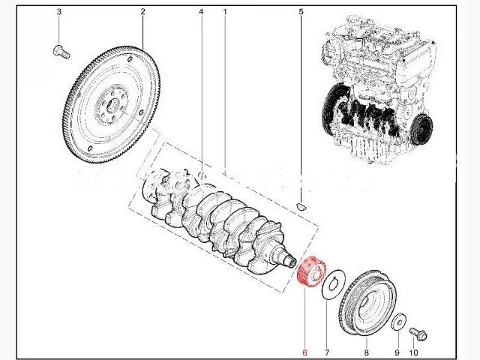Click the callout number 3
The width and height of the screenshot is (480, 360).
pos(58,13)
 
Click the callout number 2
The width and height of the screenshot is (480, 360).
pos(142,13)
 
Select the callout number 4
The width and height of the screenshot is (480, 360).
pos(201,13)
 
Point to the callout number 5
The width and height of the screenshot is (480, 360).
pos(301,13)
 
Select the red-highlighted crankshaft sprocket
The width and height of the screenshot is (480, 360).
pos(309,272)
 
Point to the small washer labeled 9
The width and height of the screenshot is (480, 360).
pos(398,320)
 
